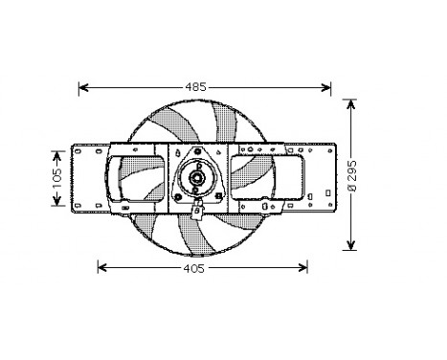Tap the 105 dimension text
tap(56, 175)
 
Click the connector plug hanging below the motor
tap(198, 213)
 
